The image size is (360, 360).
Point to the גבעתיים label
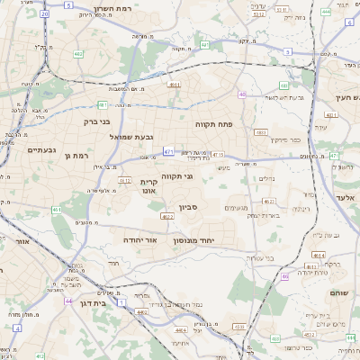point(42,149)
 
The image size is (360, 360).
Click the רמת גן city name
point(79,157)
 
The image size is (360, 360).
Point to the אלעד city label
point(346,196)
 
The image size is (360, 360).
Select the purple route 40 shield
point(242,94)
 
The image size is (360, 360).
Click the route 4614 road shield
point(317,256)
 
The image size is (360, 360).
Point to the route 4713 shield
point(218,156)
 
